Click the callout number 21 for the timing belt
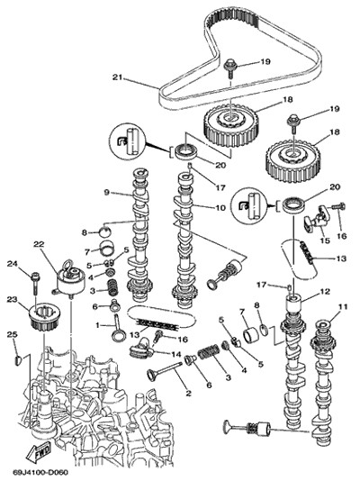click(x=117, y=77)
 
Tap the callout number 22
click(x=39, y=244)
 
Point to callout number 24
click(x=13, y=263)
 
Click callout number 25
click(x=13, y=334)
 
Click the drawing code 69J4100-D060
click(x=40, y=471)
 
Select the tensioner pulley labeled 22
click(x=70, y=280)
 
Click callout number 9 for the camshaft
click(x=106, y=193)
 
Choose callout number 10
click(x=220, y=208)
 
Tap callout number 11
click(x=344, y=306)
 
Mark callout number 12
click(x=325, y=291)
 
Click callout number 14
click(x=176, y=354)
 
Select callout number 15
click(x=325, y=240)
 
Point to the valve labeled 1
click(x=118, y=328)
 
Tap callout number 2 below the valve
click(x=188, y=393)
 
